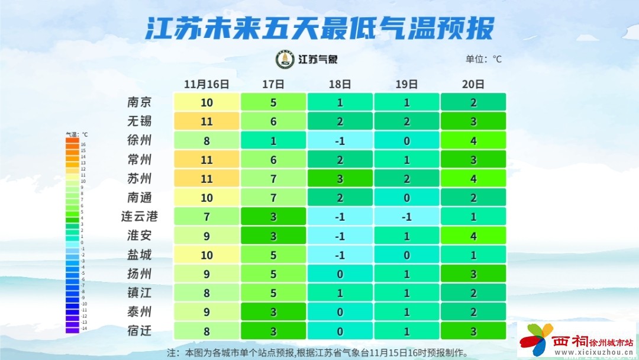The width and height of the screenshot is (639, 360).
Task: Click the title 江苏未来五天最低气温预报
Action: [319, 28]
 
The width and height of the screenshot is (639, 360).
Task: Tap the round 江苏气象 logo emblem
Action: [285, 59]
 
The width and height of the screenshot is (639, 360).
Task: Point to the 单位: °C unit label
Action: [483, 59]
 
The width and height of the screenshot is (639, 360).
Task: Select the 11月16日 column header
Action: [206, 84]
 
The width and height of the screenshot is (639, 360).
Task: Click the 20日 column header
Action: [473, 84]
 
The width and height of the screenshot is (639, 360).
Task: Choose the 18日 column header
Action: [340, 84]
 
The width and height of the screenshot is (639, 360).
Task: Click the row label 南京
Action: [140, 102]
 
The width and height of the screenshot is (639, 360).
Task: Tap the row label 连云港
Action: [140, 217]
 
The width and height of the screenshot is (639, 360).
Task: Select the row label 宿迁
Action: [140, 330]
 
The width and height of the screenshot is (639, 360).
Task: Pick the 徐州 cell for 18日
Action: [340, 140]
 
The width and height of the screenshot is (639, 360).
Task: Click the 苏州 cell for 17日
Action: [273, 178]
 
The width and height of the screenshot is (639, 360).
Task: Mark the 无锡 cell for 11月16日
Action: [206, 121]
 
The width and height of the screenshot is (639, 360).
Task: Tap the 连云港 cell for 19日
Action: [406, 217]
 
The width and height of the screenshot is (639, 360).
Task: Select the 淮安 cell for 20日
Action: [473, 236]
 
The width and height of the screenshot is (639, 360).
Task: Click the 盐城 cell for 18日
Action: [340, 255]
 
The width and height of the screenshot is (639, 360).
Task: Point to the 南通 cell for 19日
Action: [406, 198]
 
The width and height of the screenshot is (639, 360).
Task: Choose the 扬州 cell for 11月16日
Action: [206, 274]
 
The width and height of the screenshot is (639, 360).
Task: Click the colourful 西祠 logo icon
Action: [535, 340]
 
